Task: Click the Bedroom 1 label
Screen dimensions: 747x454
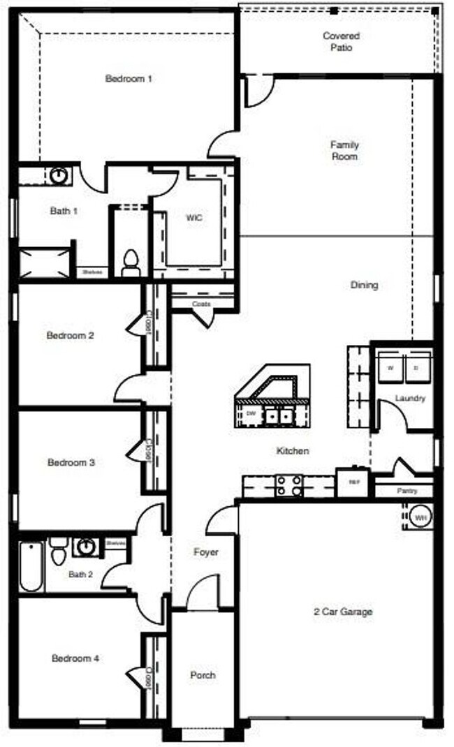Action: point(129,79)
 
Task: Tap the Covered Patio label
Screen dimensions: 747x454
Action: point(342,42)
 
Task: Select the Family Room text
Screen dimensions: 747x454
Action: point(344,151)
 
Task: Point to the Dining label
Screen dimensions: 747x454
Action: point(364,285)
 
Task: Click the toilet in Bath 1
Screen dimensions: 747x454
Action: point(129,263)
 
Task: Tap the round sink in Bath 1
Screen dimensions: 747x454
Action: point(59,175)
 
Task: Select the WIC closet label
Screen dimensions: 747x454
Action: point(194,218)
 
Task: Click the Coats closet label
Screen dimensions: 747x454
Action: point(202,304)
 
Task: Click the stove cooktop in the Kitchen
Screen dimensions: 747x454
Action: point(289,485)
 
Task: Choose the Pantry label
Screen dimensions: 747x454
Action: point(407,491)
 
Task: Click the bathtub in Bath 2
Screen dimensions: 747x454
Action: point(31,565)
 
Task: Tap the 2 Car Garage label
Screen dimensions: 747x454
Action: point(343,612)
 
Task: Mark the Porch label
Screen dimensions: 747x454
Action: point(203,675)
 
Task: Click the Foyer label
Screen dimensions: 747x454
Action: point(206,552)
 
